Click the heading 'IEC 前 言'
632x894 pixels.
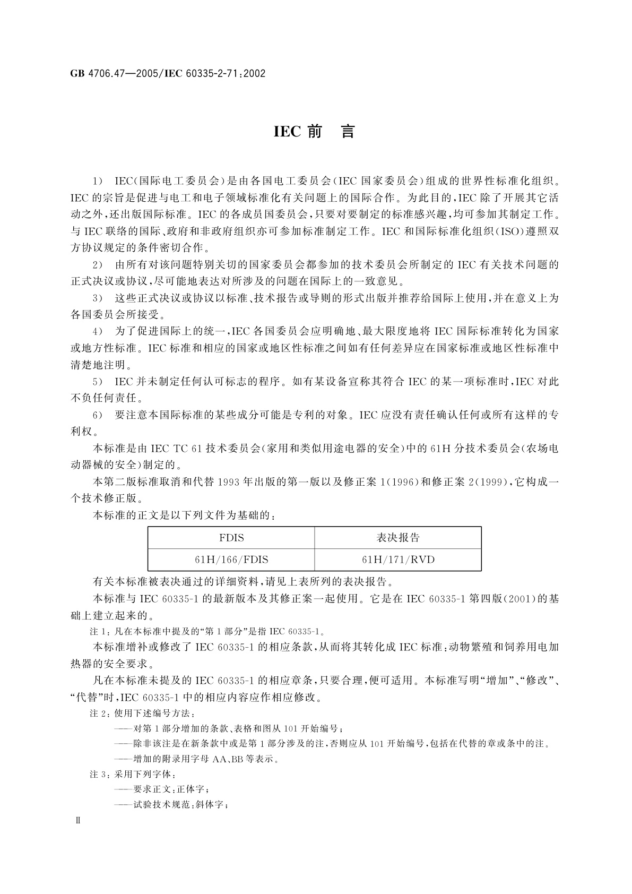click(314, 132)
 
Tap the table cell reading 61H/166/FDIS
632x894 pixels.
click(231, 560)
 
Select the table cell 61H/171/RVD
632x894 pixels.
click(398, 560)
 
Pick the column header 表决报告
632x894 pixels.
click(398, 538)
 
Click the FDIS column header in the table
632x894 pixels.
click(231, 538)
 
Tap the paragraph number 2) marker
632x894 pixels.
click(98, 265)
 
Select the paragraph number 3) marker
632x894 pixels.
click(98, 298)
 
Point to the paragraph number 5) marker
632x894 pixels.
click(98, 382)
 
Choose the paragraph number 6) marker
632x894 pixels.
click(98, 415)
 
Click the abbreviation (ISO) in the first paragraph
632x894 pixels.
click(508, 231)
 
